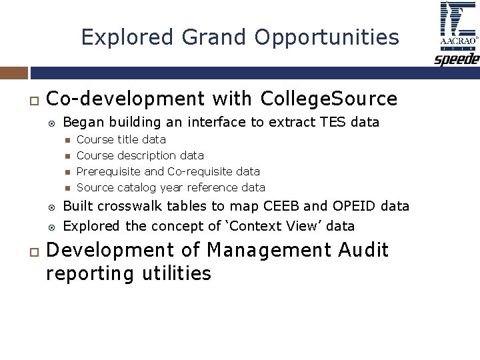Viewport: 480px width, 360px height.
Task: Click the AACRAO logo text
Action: [x=458, y=41]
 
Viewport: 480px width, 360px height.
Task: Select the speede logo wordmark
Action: [x=457, y=59]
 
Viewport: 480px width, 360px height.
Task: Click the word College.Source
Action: [x=329, y=99]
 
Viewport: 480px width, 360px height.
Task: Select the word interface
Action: [x=215, y=122]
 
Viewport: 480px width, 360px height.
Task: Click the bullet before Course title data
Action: [x=67, y=140]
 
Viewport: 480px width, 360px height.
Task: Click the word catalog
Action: [x=137, y=187]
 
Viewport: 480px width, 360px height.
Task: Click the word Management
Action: [x=269, y=251]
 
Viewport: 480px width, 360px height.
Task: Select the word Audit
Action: [x=363, y=251]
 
